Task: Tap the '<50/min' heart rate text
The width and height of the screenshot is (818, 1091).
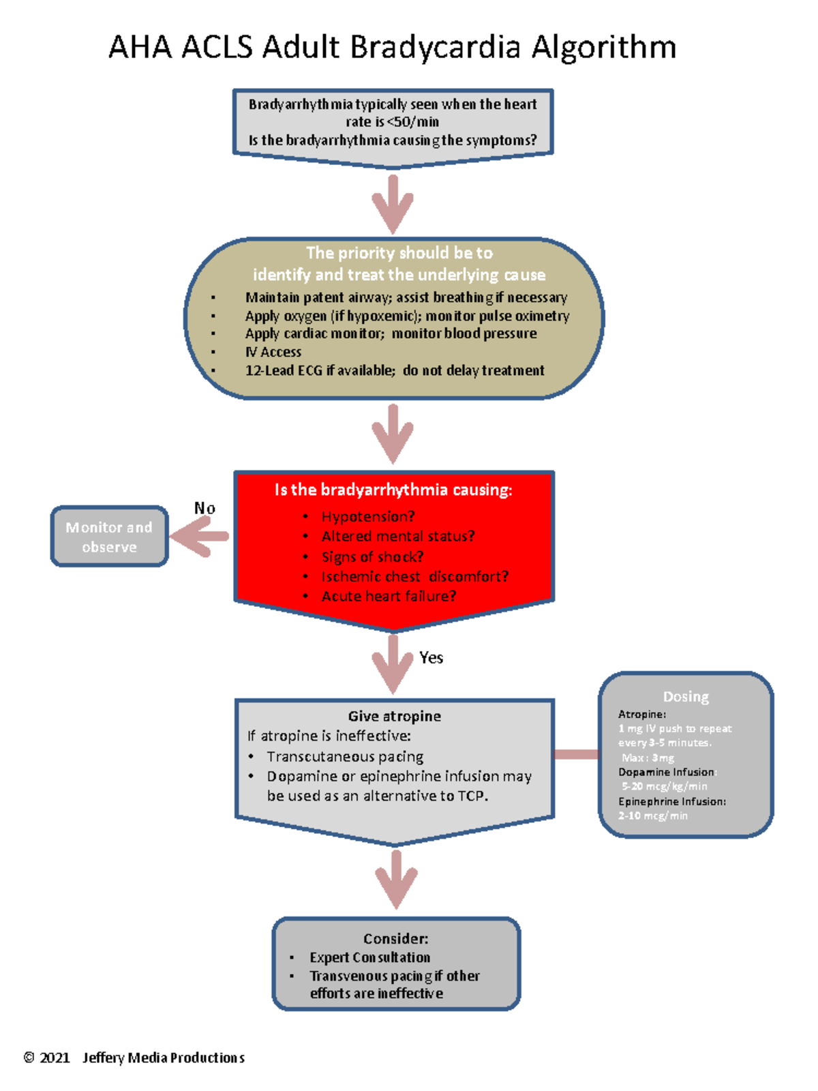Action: point(413,122)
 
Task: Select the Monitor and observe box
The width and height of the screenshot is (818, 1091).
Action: point(109,537)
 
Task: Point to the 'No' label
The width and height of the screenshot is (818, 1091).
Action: point(204,508)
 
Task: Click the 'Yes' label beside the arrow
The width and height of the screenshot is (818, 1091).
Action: point(431,657)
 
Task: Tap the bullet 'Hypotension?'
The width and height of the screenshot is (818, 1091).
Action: point(368,516)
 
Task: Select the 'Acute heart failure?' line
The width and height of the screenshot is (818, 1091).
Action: point(389,596)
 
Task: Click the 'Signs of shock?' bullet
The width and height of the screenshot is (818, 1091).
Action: point(372,556)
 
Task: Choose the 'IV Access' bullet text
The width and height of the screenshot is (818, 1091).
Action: point(273,352)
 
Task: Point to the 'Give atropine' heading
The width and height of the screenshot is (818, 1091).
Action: point(394,716)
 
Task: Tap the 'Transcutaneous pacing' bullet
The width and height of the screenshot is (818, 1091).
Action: point(345,756)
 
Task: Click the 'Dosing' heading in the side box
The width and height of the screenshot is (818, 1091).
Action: point(686,696)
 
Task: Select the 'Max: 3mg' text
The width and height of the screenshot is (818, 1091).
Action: point(648,758)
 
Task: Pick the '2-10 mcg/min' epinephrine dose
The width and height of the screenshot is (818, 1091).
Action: point(653,816)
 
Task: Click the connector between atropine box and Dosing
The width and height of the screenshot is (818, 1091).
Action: point(576,754)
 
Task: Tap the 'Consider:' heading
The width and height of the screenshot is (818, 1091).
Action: point(395,938)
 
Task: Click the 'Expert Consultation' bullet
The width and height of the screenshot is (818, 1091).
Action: point(369,957)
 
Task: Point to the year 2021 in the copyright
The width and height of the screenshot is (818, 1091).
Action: point(55,1058)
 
